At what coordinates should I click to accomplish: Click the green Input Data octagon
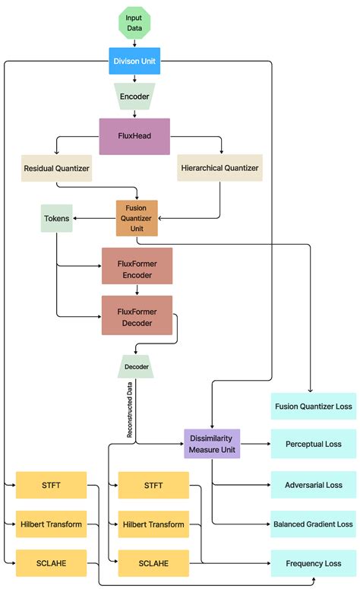(x=134, y=23)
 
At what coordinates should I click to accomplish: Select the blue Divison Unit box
(x=134, y=60)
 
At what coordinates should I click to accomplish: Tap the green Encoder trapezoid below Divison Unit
(x=134, y=97)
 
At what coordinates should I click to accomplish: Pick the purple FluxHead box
(x=134, y=136)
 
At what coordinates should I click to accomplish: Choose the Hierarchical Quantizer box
(x=219, y=168)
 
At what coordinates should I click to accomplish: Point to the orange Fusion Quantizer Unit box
(x=137, y=218)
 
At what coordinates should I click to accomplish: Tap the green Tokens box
(x=56, y=219)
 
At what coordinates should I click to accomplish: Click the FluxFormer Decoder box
(x=137, y=314)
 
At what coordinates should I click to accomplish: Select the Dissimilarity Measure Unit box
(x=212, y=444)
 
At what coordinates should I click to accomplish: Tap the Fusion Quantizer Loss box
(x=313, y=407)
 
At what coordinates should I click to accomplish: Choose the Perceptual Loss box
(x=313, y=444)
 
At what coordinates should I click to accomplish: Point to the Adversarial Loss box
(x=313, y=484)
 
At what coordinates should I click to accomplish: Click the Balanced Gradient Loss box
(x=313, y=524)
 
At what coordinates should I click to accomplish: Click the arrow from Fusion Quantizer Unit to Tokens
(x=94, y=219)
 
